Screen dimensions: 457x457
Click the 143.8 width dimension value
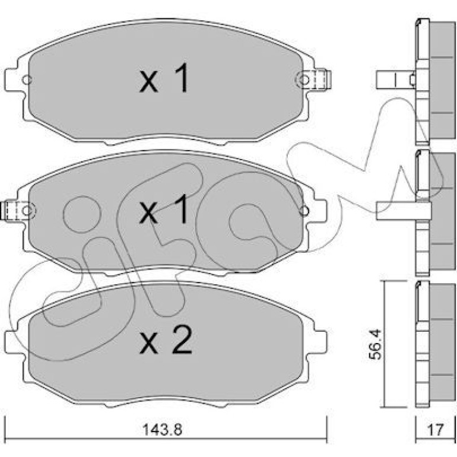pos(162,430)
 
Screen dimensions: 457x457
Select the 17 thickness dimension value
pos(435,429)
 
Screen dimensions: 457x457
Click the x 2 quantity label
pos(166,339)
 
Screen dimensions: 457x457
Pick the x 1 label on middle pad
pos(164,210)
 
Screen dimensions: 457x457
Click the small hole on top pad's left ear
pos(27,80)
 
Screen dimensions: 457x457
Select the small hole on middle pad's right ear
pos(304,210)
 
